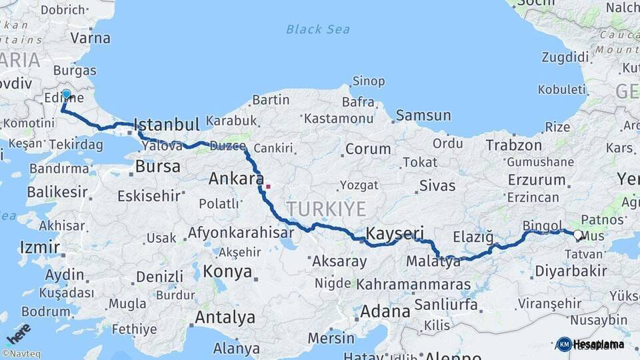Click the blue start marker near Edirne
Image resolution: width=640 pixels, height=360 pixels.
(66, 94)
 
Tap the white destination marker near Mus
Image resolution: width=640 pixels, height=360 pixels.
(577, 235)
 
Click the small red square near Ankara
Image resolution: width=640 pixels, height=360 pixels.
(268, 186)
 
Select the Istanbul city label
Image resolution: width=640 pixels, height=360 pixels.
(167, 125)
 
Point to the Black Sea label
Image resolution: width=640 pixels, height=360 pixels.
(318, 29)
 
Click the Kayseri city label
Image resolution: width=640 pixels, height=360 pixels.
(395, 233)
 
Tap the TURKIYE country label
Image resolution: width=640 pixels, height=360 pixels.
(327, 209)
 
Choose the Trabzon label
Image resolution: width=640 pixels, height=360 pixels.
(513, 145)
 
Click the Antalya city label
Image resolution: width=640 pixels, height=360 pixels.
(225, 317)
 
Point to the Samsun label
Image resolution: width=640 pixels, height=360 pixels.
(423, 115)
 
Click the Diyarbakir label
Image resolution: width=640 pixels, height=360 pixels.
(570, 271)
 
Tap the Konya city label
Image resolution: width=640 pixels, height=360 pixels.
(227, 271)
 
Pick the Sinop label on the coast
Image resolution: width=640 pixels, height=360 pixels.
(368, 81)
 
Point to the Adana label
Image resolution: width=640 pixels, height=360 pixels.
(385, 311)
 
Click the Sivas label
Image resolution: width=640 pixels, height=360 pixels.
(438, 185)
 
